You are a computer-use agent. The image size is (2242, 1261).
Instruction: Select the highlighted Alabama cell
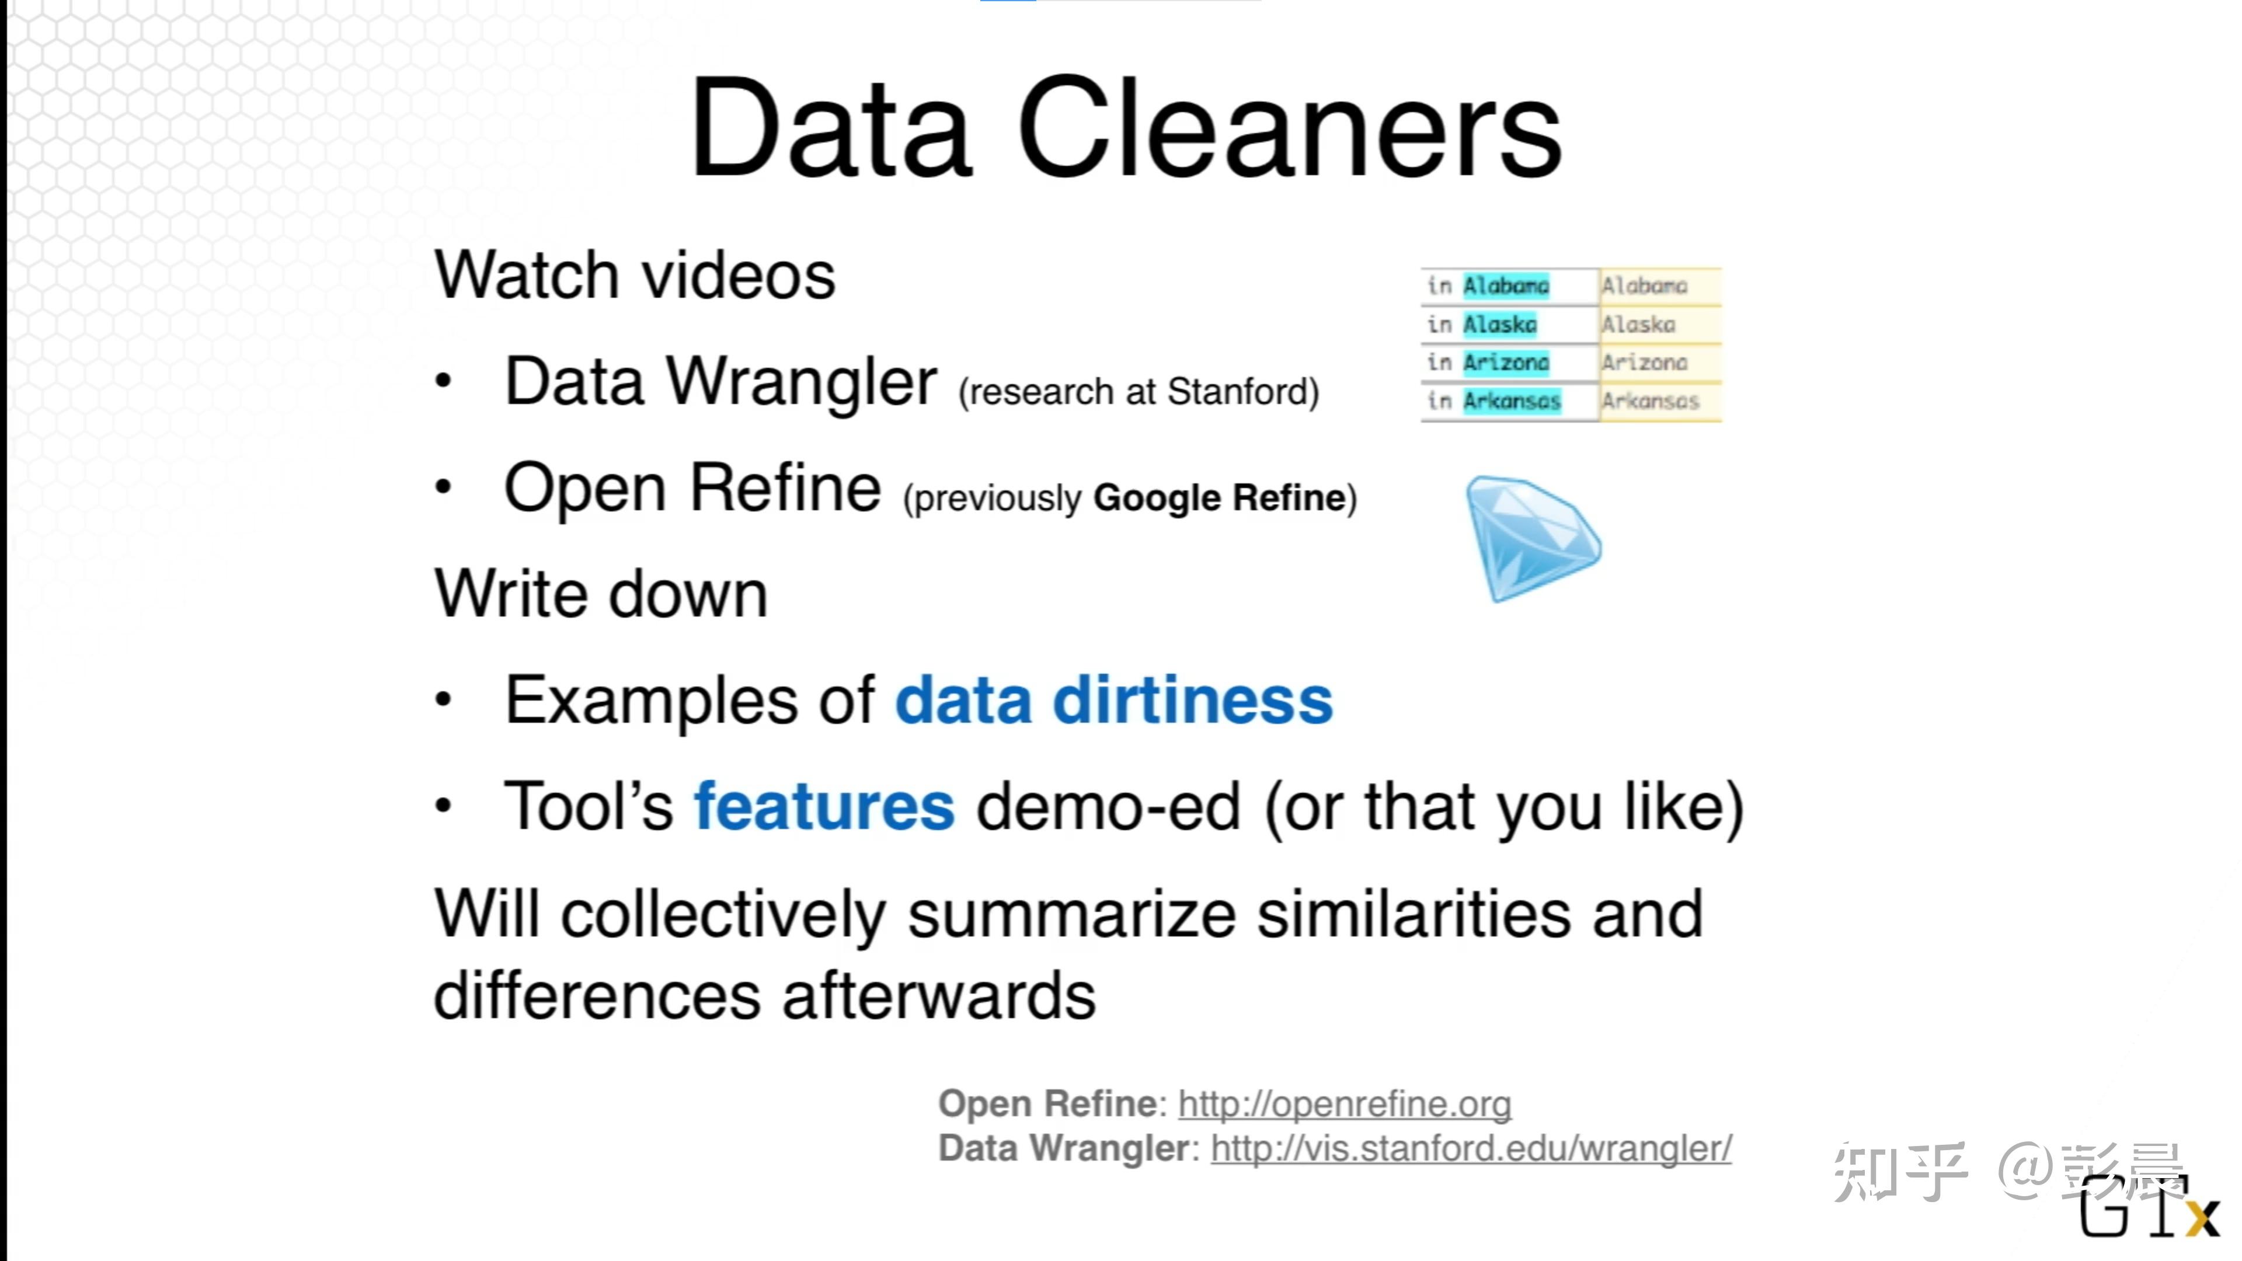pos(1506,285)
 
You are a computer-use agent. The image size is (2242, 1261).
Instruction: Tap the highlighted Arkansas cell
pos(1512,401)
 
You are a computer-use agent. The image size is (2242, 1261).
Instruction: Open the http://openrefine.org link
pos(1345,1103)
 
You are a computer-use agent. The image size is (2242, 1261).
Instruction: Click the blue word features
pos(823,807)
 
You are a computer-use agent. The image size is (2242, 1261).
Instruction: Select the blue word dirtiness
pos(1192,701)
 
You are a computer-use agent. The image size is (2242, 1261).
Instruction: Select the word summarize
pos(1071,915)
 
